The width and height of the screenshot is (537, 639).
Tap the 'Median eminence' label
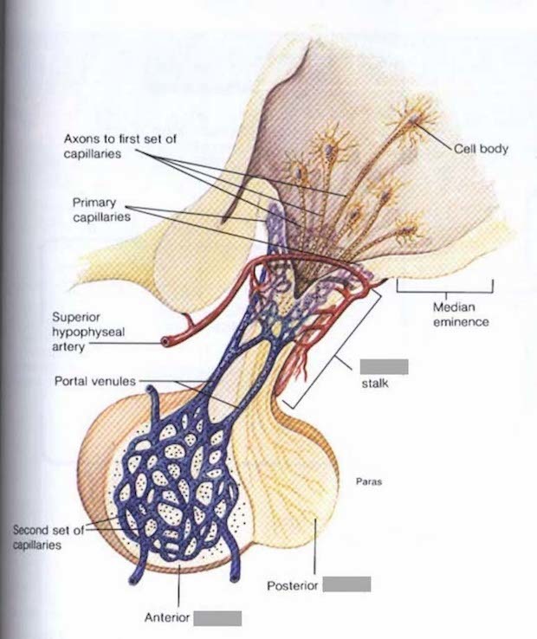pyautogui.click(x=462, y=314)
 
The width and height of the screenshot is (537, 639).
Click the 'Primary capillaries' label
pyautogui.click(x=101, y=210)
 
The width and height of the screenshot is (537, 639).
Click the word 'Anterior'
pyautogui.click(x=166, y=618)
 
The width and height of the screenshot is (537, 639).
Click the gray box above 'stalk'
pyautogui.click(x=384, y=365)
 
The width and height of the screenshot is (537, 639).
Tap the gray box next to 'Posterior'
pyautogui.click(x=347, y=584)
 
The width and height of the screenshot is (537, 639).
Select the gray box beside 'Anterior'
pyautogui.click(x=217, y=617)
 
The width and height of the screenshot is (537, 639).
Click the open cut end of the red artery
pyautogui.click(x=165, y=342)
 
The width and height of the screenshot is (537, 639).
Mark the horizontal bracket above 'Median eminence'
pyautogui.click(x=445, y=283)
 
